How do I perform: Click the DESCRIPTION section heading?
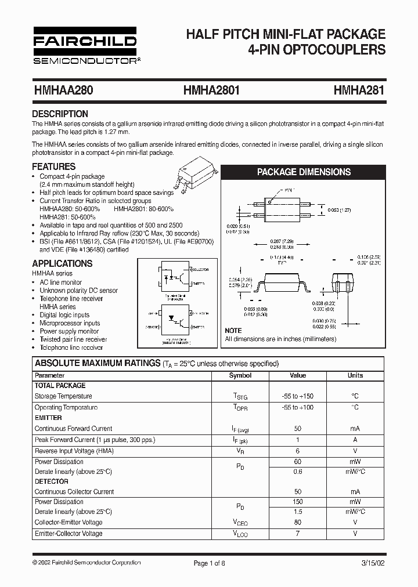point(60,114)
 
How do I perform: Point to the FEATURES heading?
point(54,166)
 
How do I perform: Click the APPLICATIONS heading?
point(62,263)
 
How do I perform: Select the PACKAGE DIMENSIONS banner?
point(304,172)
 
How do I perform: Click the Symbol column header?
point(240,375)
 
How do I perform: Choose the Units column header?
point(355,375)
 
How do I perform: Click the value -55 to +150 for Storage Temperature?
point(297,396)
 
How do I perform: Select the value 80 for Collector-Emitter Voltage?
point(297,522)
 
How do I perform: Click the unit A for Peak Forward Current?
point(355,439)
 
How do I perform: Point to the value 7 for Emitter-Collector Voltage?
point(297,533)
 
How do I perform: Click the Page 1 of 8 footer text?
point(209,563)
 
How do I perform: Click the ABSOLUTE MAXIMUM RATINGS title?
point(97,363)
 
